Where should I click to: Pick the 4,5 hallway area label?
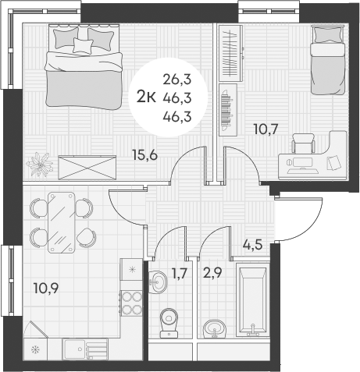(252, 243)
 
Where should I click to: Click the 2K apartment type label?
(145, 96)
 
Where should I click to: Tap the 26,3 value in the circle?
(177, 78)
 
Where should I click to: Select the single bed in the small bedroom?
(326, 58)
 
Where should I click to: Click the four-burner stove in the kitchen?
(130, 302)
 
